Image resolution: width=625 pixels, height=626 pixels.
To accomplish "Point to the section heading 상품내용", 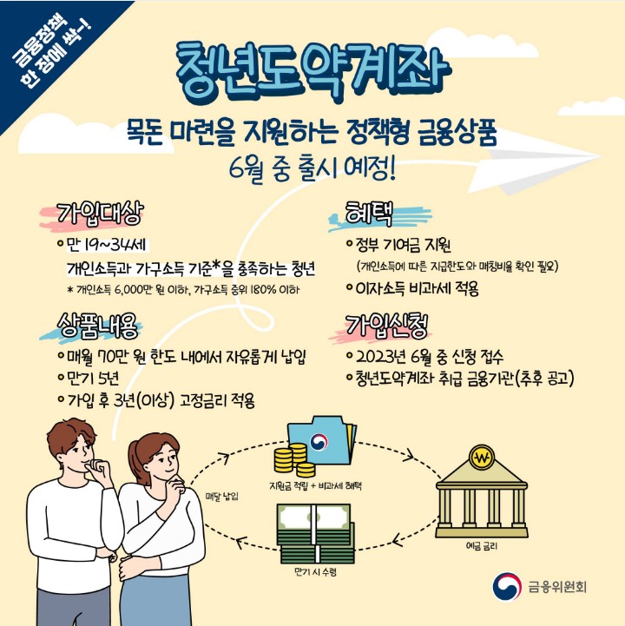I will [100, 326].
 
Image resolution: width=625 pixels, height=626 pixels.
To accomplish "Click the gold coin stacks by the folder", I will [290, 458].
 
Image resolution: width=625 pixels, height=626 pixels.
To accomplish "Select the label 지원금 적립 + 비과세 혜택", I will [320, 484].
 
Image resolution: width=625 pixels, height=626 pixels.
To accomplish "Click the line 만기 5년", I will [96, 379].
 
